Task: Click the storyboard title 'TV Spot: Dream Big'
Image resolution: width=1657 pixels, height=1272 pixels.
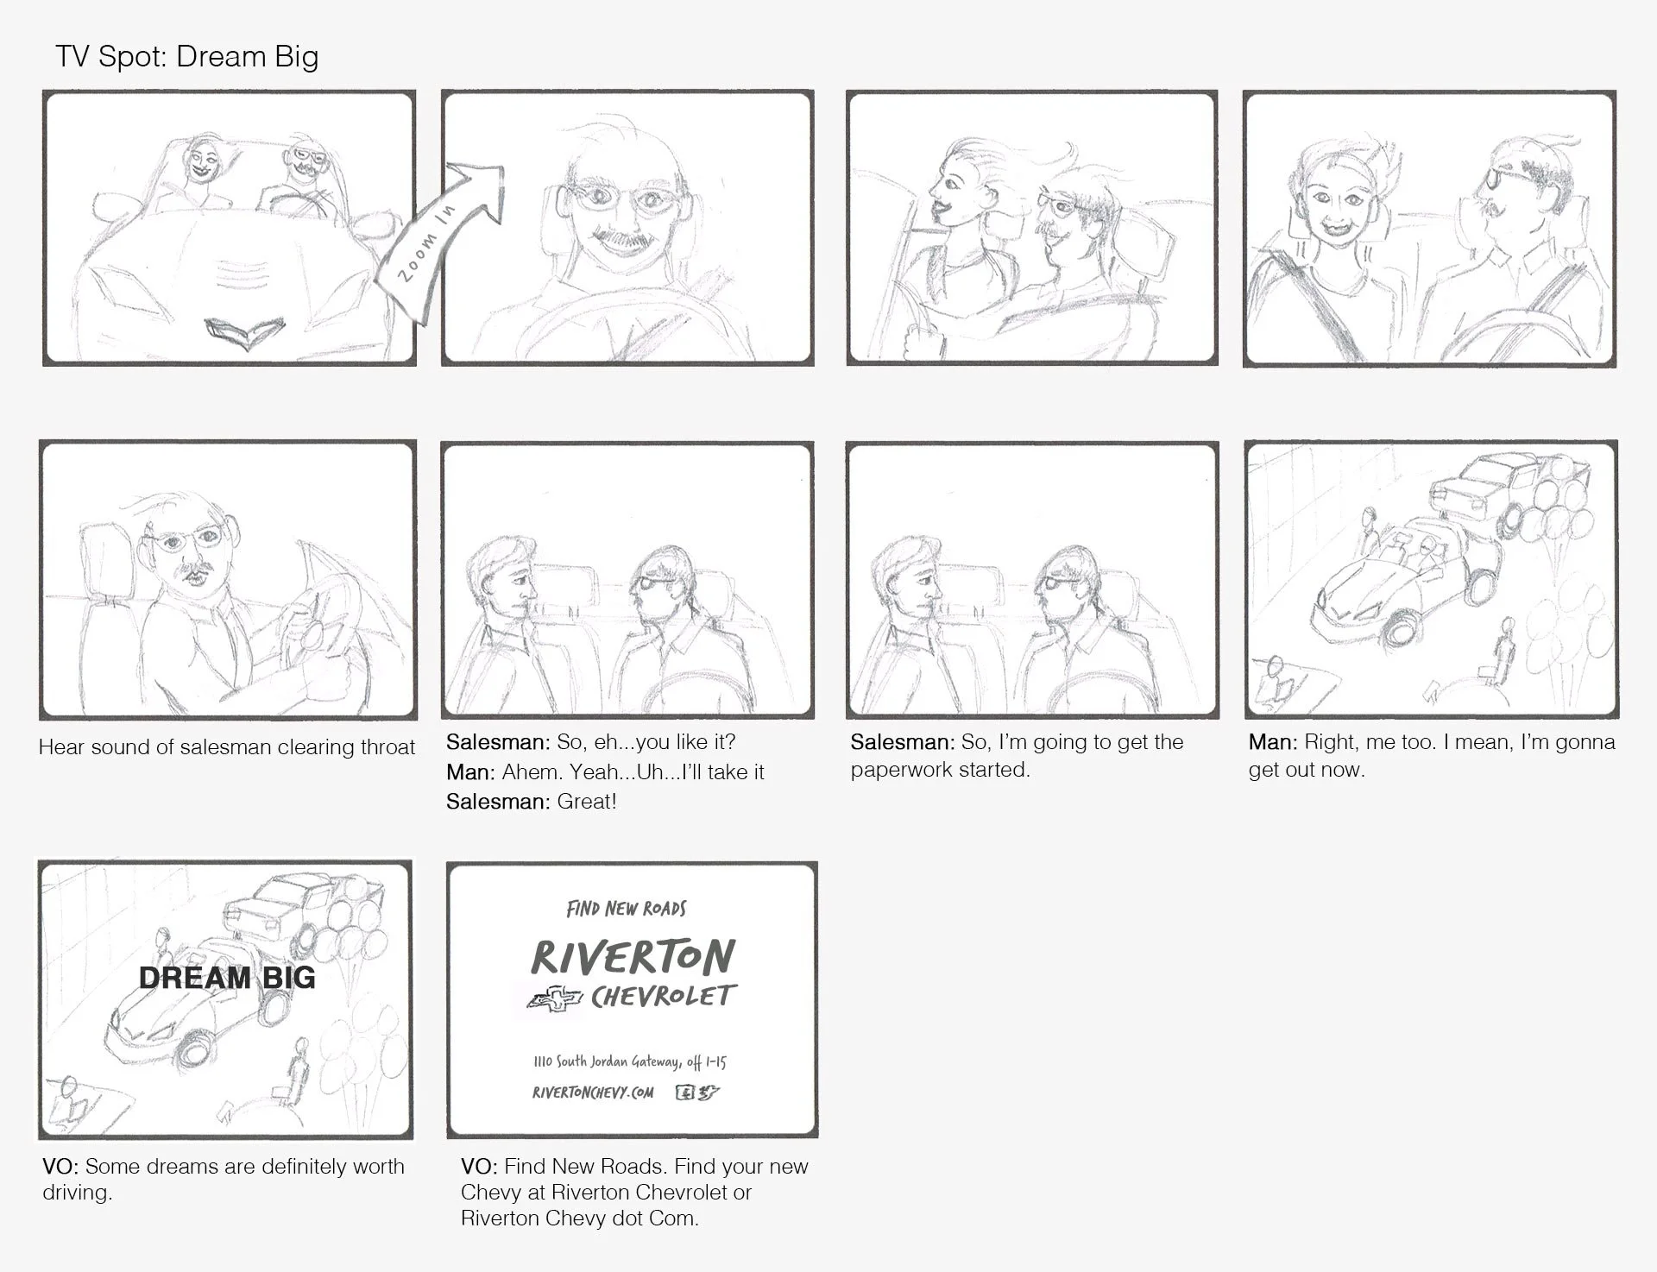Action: [187, 57]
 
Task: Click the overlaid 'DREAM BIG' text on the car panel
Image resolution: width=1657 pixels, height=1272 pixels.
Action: [227, 978]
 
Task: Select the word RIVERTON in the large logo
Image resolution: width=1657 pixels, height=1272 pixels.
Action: [633, 957]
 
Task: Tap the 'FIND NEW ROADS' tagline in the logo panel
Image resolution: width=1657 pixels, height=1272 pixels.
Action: [627, 909]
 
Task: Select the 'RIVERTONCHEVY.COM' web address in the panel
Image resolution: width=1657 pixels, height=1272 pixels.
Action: [593, 1093]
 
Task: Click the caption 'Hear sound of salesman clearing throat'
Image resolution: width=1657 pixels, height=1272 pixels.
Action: [227, 747]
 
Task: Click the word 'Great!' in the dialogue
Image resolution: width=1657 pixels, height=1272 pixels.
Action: [587, 802]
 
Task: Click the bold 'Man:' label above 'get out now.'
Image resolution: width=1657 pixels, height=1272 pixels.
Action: [1272, 742]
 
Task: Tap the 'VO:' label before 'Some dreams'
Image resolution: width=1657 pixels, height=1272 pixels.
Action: [60, 1167]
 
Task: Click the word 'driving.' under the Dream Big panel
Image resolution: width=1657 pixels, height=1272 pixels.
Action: [77, 1193]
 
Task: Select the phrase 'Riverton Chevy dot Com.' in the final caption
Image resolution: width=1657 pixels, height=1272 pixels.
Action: [579, 1218]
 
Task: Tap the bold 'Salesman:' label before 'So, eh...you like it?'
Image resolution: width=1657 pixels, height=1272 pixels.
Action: [497, 742]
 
